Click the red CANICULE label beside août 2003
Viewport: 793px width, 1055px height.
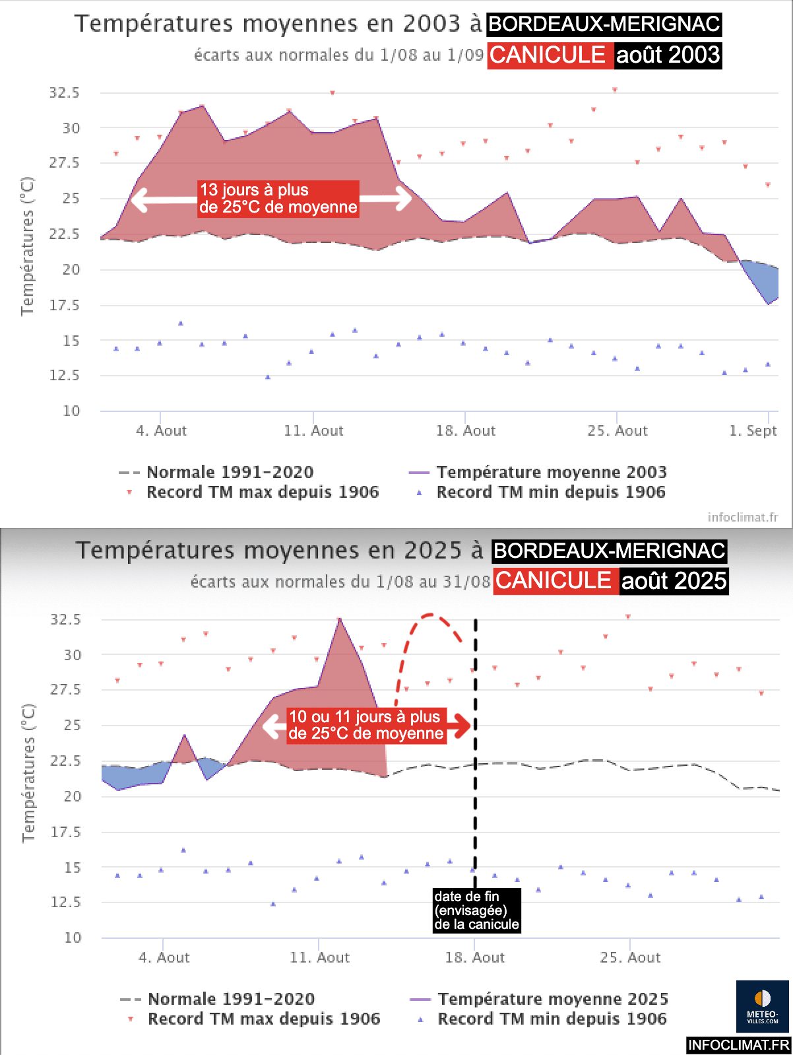pyautogui.click(x=547, y=55)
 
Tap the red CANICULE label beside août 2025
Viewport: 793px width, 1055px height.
pyautogui.click(x=553, y=581)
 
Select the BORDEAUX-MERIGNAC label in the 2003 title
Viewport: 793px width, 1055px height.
pyautogui.click(x=604, y=24)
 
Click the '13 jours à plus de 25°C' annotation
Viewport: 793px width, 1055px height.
pyautogui.click(x=278, y=199)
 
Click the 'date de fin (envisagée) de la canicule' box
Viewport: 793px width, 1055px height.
pyautogui.click(x=476, y=910)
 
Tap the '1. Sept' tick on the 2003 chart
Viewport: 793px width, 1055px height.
pyautogui.click(x=753, y=431)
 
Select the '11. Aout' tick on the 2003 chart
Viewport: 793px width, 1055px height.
pyautogui.click(x=313, y=431)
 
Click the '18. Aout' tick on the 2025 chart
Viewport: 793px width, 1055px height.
pyautogui.click(x=474, y=958)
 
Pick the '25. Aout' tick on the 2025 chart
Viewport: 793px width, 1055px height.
pyautogui.click(x=630, y=958)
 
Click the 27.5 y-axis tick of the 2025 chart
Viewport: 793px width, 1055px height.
pyautogui.click(x=66, y=689)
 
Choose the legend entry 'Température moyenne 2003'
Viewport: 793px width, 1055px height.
pyautogui.click(x=552, y=473)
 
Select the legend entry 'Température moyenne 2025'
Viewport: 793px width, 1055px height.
pyautogui.click(x=553, y=1000)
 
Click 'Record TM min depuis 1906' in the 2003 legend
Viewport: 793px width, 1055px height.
pyautogui.click(x=551, y=493)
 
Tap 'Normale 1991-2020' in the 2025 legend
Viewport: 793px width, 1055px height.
pyautogui.click(x=231, y=1000)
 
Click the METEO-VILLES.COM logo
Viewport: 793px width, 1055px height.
pyautogui.click(x=762, y=1006)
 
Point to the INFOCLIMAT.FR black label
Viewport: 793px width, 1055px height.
pyautogui.click(x=738, y=1045)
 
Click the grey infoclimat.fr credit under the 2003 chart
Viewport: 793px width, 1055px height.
pyautogui.click(x=742, y=518)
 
